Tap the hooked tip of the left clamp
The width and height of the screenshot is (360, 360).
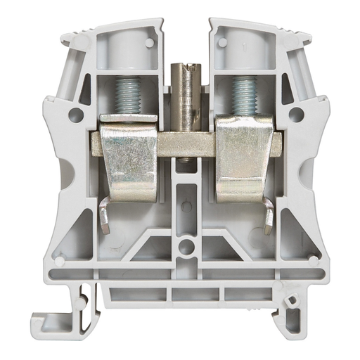[103, 222]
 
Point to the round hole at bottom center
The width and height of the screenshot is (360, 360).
[185, 247]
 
